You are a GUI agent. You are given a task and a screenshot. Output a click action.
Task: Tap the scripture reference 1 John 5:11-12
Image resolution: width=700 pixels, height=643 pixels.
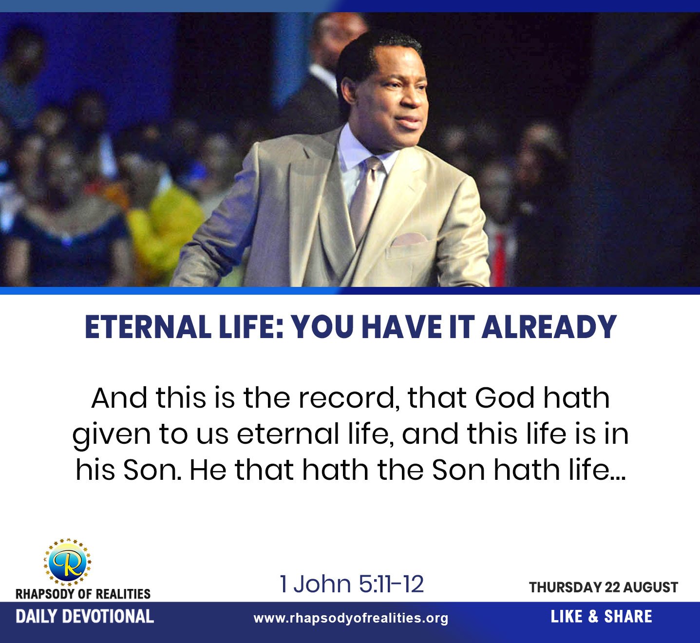coord(351,584)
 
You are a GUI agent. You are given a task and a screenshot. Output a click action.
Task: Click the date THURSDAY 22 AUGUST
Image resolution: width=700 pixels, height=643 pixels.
coord(604,587)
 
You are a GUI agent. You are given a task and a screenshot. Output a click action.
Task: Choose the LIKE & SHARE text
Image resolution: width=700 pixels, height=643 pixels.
coord(601,617)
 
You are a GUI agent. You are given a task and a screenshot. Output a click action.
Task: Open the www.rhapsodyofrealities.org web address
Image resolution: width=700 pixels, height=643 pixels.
coord(351,618)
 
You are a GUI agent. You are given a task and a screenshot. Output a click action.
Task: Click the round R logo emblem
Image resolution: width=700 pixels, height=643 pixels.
coord(68,562)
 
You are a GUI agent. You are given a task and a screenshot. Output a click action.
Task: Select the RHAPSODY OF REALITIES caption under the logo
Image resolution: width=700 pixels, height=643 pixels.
coord(83,594)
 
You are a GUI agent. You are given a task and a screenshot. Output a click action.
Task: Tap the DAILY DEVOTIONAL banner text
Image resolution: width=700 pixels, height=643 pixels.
coord(85,617)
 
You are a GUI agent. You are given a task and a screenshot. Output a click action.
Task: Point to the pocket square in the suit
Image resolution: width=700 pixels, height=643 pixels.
coord(409,240)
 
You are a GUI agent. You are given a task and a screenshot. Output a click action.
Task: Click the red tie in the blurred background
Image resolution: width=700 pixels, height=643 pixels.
coord(500,258)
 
